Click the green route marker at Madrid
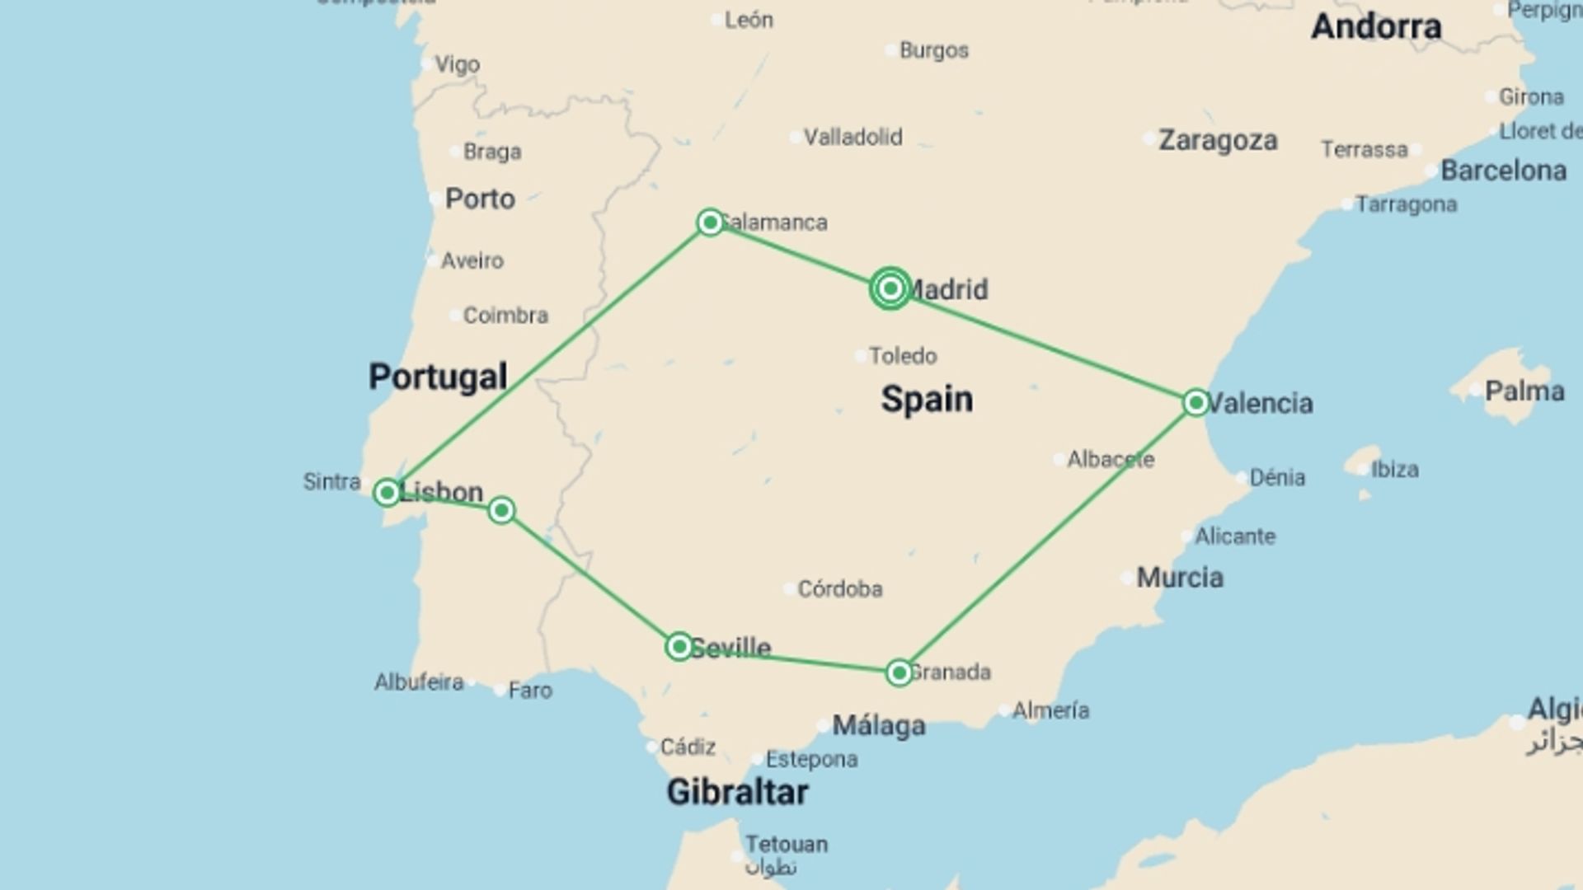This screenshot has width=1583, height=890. pos(890,288)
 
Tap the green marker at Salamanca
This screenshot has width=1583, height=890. pos(710,222)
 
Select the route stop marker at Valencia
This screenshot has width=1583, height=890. pos(1195,403)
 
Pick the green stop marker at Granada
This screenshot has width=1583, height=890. pos(899,672)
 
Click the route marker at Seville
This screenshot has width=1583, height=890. pos(679,646)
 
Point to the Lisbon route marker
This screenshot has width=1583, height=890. pos(387,493)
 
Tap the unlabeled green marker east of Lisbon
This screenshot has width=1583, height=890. pos(501,510)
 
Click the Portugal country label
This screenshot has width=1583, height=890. pos(438,377)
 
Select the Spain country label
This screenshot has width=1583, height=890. pos(927,399)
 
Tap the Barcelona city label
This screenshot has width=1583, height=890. pos(1503,171)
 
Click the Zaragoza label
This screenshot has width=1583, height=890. pos(1218,140)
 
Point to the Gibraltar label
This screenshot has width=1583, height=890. pos(737,792)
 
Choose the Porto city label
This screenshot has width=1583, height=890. pos(480,199)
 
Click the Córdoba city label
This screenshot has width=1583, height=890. pos(839,588)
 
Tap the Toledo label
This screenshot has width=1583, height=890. pos(903,356)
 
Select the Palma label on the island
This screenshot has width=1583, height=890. pos(1524,391)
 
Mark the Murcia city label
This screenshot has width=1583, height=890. pos(1180,578)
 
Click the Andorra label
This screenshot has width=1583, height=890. pos(1376,26)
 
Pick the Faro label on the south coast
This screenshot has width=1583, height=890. pos(530,690)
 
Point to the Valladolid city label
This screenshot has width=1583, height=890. pos(853,137)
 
